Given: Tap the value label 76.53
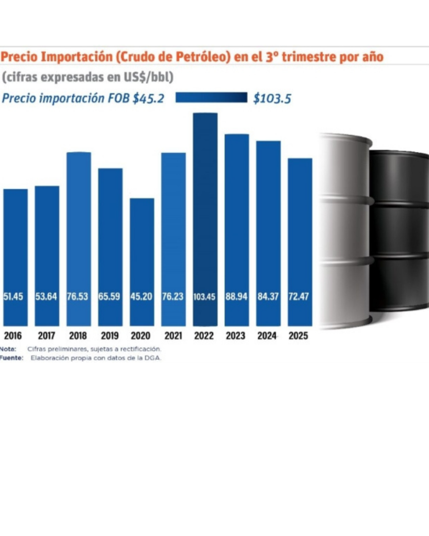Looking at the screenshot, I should [x=79, y=297].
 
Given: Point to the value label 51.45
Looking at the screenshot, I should [x=15, y=297].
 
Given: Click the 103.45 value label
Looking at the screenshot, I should [x=205, y=297].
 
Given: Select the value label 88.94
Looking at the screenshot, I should [x=237, y=297].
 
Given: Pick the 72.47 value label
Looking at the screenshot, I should [x=300, y=297].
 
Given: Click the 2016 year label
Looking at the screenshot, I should [x=15, y=336].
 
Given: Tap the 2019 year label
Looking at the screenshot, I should [x=109, y=336].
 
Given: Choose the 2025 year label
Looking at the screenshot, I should [x=299, y=336].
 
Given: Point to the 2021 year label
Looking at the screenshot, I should [x=172, y=336].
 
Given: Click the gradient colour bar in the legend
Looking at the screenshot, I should [x=211, y=98].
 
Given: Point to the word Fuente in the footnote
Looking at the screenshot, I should [x=11, y=358].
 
